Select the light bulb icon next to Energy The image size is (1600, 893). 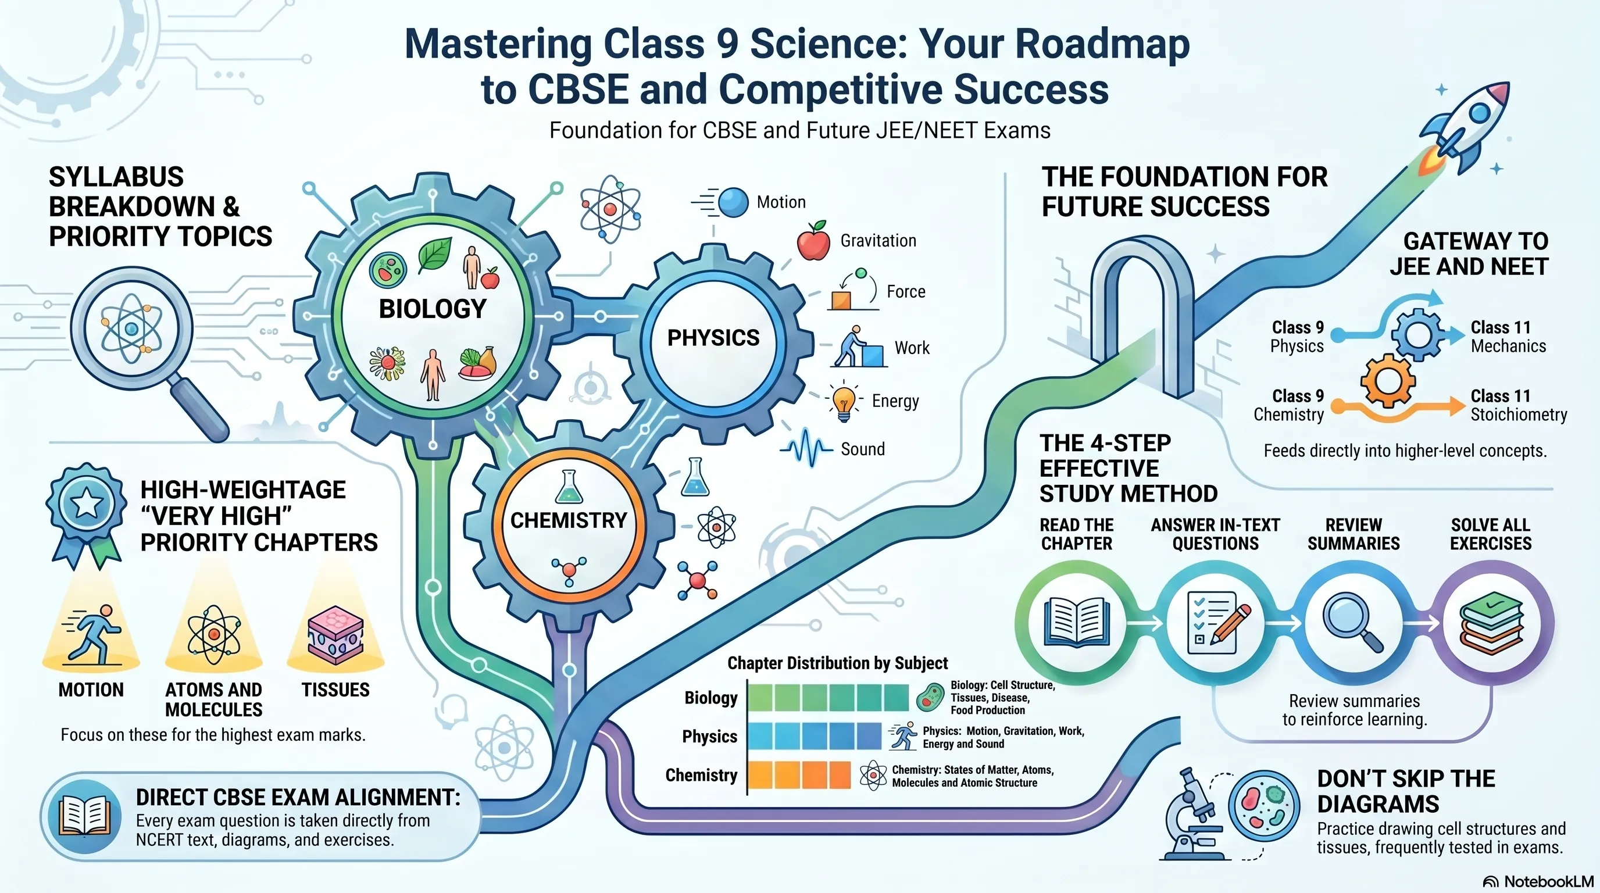coord(844,401)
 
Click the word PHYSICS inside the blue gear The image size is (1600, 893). coord(713,338)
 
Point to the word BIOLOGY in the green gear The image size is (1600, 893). coord(433,309)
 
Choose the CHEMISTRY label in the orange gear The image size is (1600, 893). coord(569,520)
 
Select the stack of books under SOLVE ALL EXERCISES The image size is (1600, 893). coord(1491,623)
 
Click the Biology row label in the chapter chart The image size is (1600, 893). coord(710,698)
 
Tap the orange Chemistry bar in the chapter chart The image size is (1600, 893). coord(799,775)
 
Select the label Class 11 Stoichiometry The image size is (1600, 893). coord(1518,405)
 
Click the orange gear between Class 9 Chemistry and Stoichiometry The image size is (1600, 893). coord(1388,380)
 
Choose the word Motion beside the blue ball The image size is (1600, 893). coord(781,202)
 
